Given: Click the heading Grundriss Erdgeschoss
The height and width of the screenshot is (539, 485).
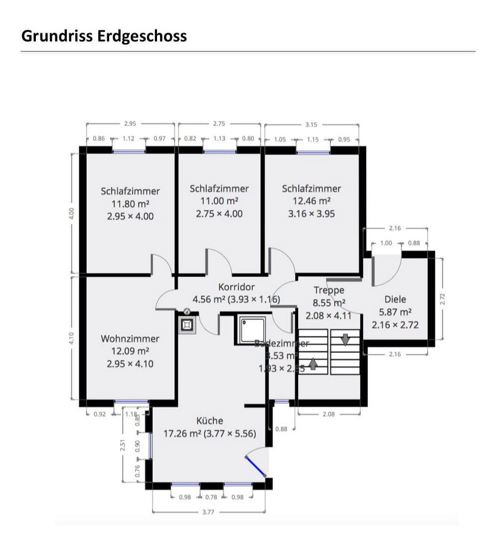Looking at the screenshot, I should click(104, 36).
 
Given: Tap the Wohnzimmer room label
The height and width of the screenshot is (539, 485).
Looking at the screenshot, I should click(130, 339).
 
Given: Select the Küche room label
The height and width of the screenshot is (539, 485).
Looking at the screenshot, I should click(210, 421).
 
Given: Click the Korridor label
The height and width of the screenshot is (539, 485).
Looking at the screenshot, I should click(236, 287).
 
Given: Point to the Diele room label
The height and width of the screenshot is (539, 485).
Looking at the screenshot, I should click(395, 299).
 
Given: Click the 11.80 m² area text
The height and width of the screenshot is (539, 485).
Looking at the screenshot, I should click(130, 204).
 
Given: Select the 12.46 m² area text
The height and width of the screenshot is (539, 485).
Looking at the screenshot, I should click(312, 201).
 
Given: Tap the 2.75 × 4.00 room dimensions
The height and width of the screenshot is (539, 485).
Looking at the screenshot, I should click(219, 214).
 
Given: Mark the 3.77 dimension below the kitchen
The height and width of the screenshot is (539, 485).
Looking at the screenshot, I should click(208, 512).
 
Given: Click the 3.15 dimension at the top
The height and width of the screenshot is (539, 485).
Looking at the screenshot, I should click(312, 124).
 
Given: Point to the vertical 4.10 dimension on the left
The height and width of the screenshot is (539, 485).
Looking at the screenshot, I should click(71, 338).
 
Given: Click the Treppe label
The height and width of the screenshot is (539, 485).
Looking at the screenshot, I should click(328, 290).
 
